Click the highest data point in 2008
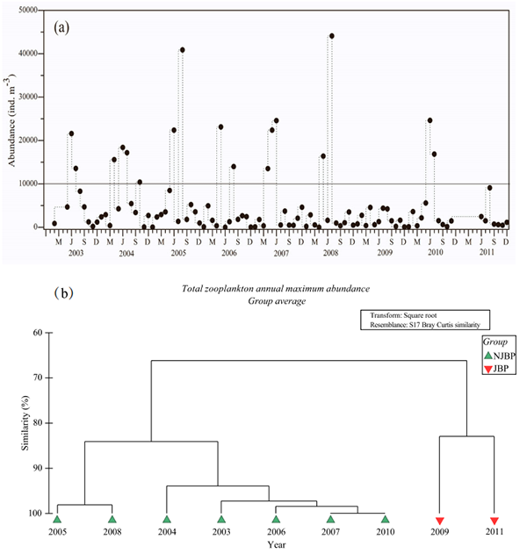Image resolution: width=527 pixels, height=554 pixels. [x=331, y=36]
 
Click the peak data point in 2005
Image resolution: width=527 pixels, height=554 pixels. [x=182, y=50]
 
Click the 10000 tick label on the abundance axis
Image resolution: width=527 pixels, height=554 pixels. [x=32, y=183]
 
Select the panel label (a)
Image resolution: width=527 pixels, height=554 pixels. [x=62, y=26]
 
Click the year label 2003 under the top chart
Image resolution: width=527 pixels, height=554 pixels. [x=76, y=253]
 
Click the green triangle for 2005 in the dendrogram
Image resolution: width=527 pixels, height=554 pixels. [x=57, y=520]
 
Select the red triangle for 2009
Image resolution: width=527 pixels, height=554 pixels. [x=440, y=521]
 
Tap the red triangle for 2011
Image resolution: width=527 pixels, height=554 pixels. [x=495, y=521]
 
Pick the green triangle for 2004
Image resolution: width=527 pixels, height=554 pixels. [x=166, y=520]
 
